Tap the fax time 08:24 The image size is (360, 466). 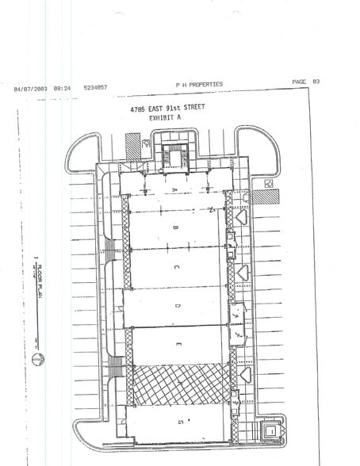(x=62, y=88)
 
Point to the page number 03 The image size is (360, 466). (x=316, y=82)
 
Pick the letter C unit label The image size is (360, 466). (x=176, y=267)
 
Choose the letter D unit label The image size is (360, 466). (x=178, y=306)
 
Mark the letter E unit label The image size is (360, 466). (x=179, y=344)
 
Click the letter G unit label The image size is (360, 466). (x=181, y=422)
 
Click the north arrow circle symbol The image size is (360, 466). (x=36, y=360)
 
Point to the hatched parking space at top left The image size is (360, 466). (x=132, y=146)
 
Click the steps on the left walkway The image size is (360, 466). (x=117, y=366)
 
